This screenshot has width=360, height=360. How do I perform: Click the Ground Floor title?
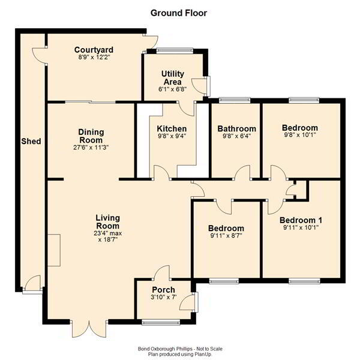(x=179, y=13)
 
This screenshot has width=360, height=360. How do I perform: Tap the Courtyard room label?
(x=94, y=50)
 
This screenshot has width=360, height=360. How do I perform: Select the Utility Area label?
(x=173, y=78)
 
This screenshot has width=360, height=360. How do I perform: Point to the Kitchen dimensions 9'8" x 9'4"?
(x=172, y=136)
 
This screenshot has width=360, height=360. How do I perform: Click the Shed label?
(x=31, y=141)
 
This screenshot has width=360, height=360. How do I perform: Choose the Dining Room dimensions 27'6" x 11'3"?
(x=91, y=147)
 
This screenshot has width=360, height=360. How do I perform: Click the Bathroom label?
(x=237, y=128)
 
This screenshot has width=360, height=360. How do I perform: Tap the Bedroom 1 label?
(x=301, y=220)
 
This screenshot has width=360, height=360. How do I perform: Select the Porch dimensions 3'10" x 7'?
(x=164, y=297)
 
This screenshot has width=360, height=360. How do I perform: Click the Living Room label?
(x=107, y=222)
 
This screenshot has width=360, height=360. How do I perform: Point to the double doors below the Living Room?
(x=89, y=328)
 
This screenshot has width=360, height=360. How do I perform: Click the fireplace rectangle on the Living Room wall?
(x=54, y=250)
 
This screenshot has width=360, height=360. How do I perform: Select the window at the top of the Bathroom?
(x=235, y=100)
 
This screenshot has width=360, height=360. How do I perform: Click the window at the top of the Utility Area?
(x=174, y=50)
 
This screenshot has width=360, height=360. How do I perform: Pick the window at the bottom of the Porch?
(x=161, y=323)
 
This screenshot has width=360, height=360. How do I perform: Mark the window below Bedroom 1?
(x=304, y=281)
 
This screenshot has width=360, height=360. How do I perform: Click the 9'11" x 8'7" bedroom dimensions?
(x=226, y=236)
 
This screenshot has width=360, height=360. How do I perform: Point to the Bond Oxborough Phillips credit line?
(x=180, y=349)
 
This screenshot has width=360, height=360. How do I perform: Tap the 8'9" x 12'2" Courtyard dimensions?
(x=94, y=57)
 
